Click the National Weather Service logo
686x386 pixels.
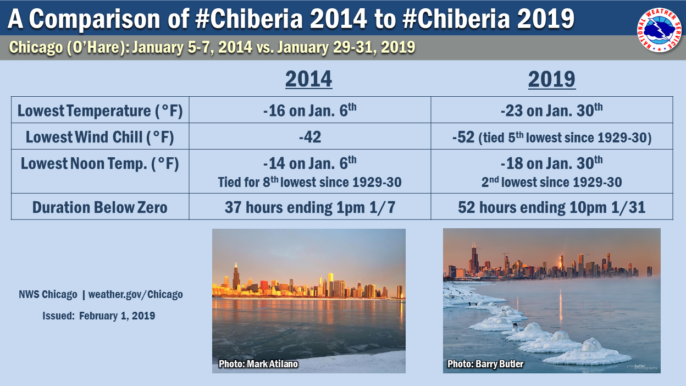[660, 30]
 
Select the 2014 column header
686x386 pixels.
[309, 79]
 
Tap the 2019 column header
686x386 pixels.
[552, 79]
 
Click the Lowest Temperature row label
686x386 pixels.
[100, 111]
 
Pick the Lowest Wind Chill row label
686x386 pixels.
[100, 137]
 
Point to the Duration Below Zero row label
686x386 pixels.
[100, 207]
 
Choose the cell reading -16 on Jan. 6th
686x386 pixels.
[309, 110]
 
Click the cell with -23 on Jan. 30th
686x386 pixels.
[551, 110]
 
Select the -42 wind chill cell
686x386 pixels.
[310, 137]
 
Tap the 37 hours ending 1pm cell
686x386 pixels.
[310, 207]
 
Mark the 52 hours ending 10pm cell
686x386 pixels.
[551, 207]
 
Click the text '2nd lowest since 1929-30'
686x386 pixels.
[551, 182]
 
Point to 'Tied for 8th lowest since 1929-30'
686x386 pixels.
[309, 182]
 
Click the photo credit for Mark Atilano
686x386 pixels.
[258, 363]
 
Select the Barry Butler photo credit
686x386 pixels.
[485, 363]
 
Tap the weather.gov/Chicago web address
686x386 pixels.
[135, 294]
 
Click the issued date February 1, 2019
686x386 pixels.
[117, 316]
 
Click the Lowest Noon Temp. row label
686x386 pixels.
[100, 164]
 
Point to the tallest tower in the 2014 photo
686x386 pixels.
[236, 277]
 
